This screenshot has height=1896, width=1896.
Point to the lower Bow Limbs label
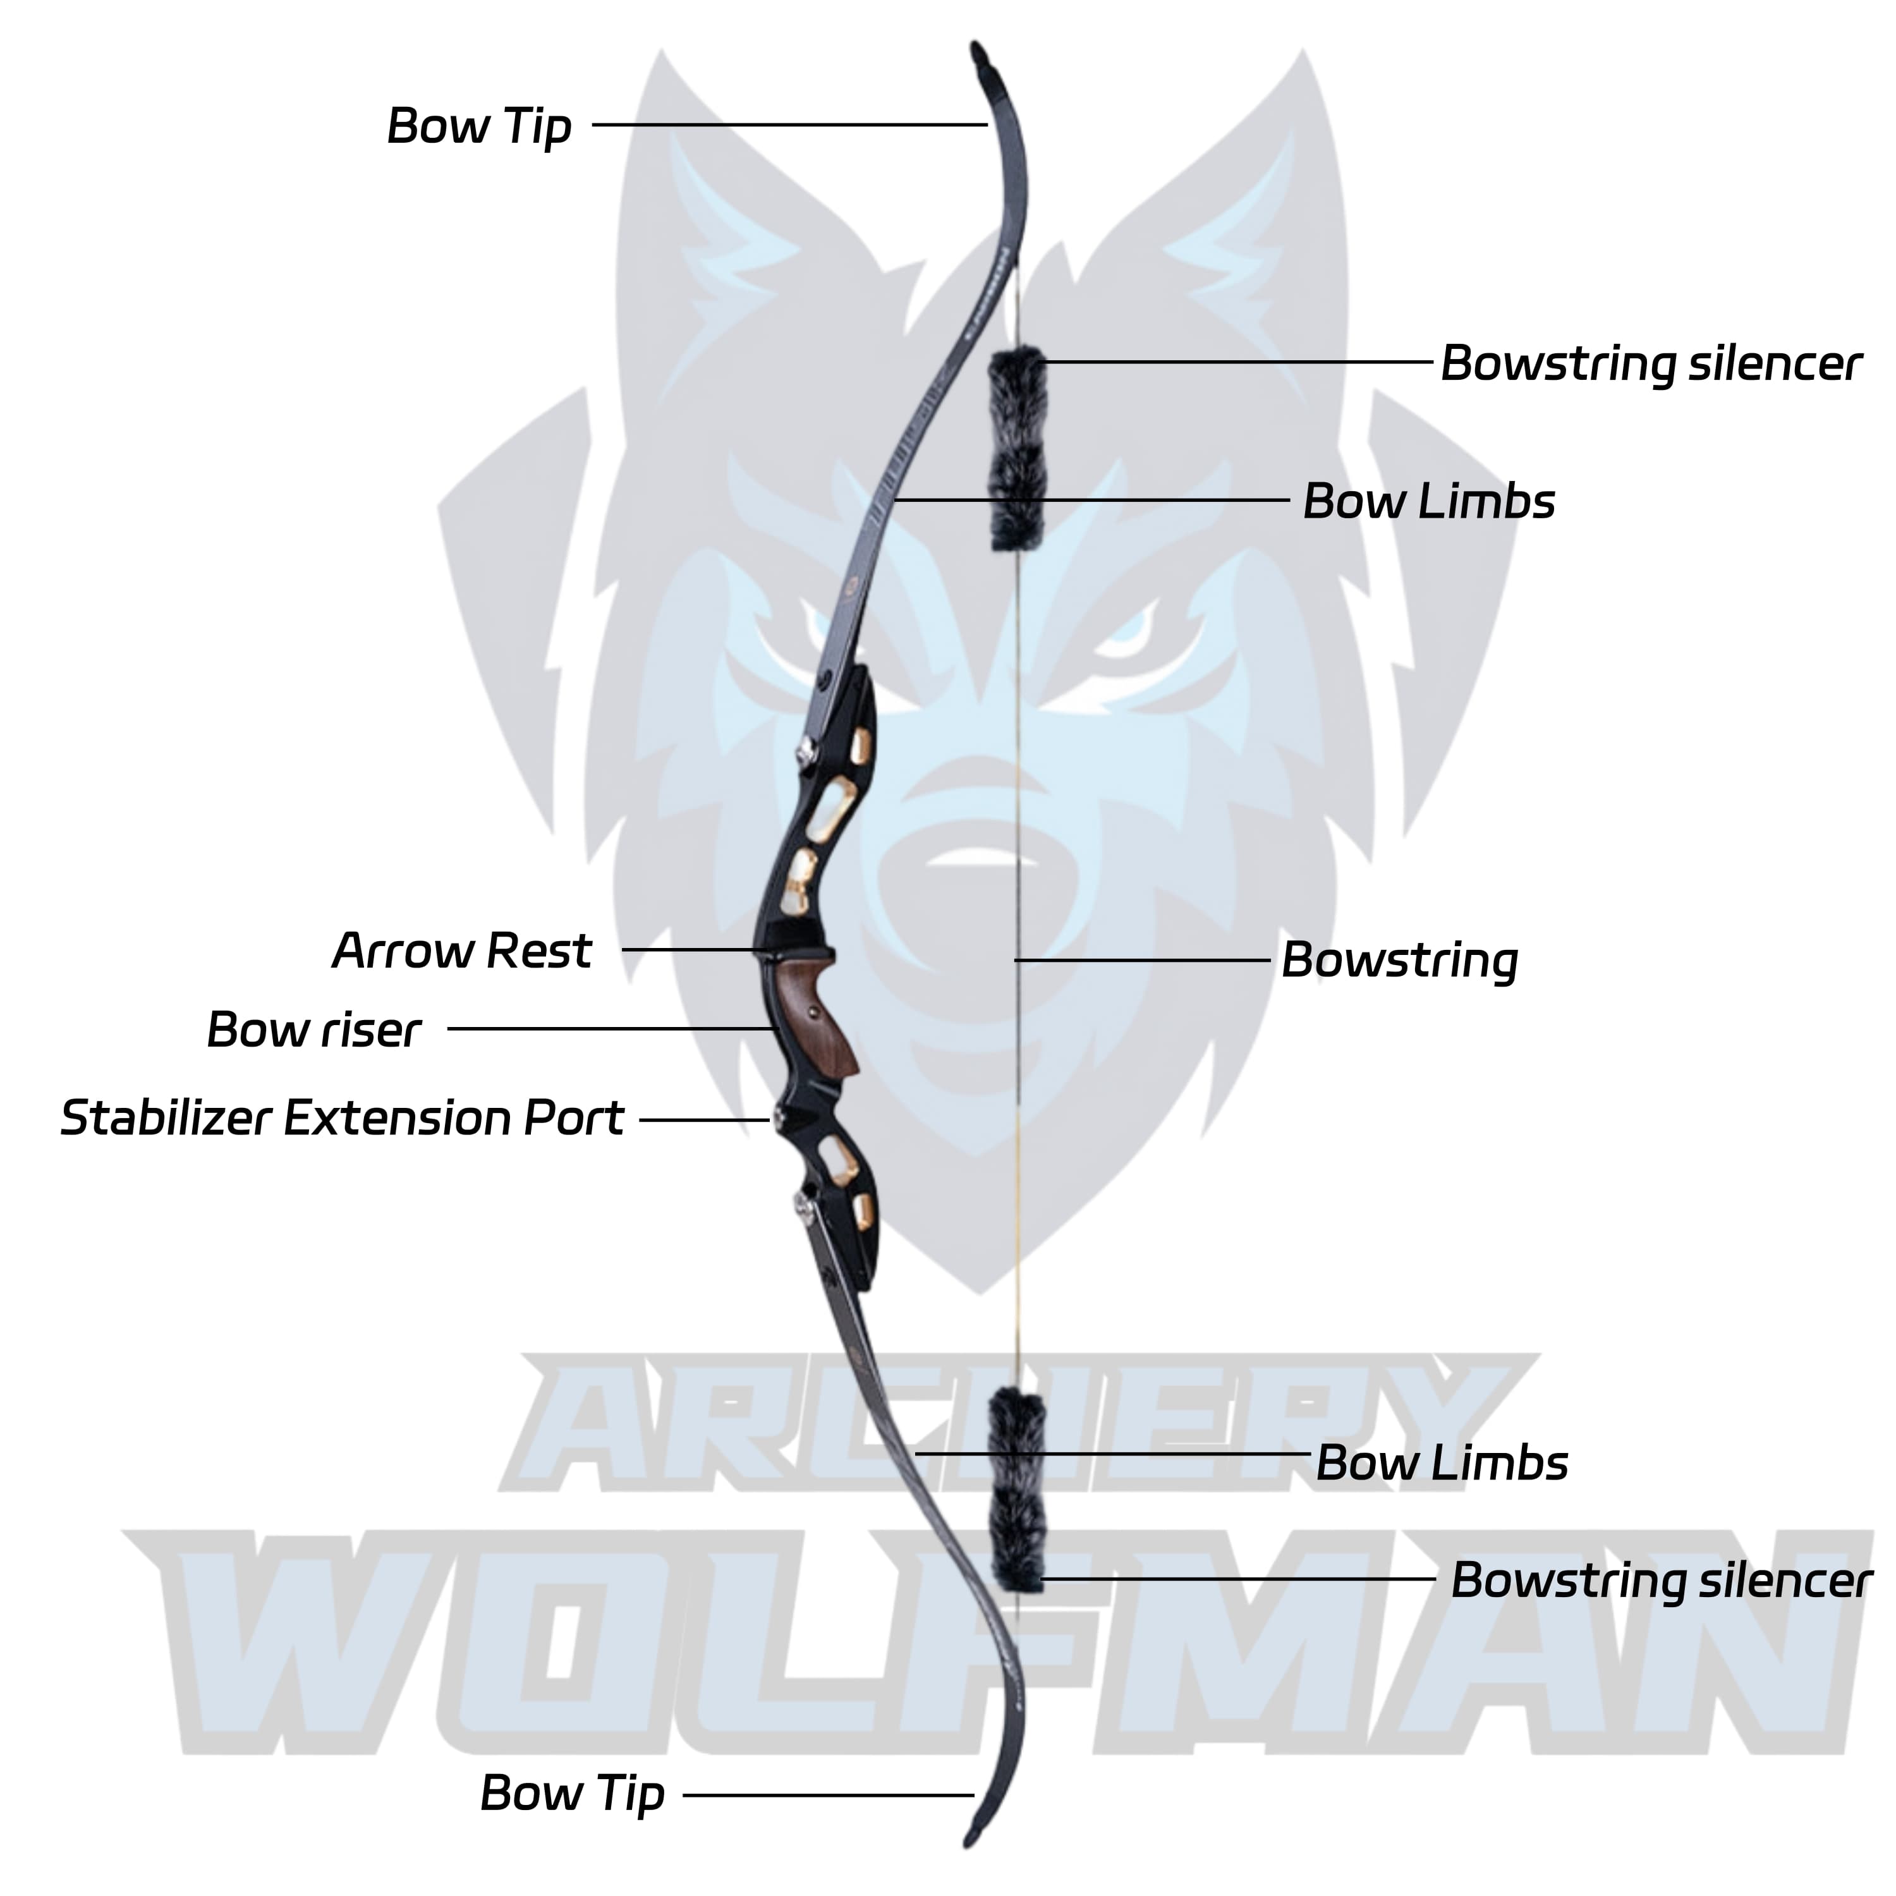click(1441, 1463)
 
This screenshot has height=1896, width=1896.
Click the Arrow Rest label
click(461, 951)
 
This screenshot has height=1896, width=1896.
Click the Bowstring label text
click(1399, 961)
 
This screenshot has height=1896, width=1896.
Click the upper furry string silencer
click(1017, 449)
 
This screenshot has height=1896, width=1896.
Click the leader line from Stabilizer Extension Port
click(703, 1119)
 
